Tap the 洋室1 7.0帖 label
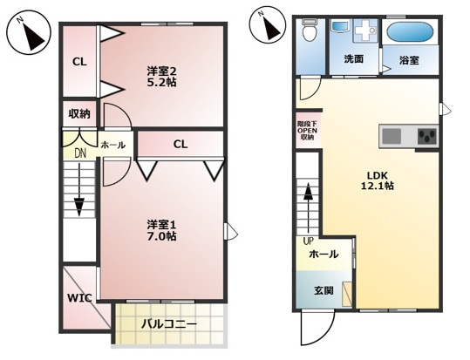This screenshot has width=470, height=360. pos(161,229)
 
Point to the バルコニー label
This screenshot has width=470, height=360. pos(169,326)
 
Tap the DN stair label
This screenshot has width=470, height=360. pos(79,153)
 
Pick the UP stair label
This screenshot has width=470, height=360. pos(308,241)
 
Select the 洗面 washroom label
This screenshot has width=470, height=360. pos(353,60)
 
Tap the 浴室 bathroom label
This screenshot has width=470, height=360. pos(409,60)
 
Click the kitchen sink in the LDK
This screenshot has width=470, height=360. pos(392,137)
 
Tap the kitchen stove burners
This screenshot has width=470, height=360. pos(426,137)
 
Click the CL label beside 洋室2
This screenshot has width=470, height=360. pos(79,62)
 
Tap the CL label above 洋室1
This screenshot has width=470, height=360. pos(180,144)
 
